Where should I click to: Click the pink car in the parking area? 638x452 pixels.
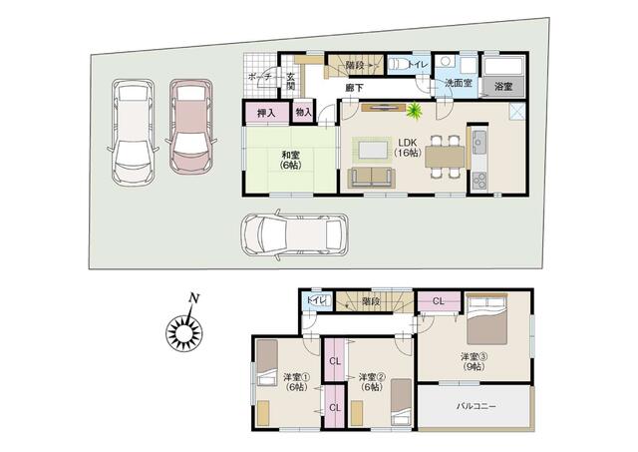click(x=190, y=127)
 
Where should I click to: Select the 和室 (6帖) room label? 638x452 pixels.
click(x=290, y=160)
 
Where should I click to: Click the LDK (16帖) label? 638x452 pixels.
click(x=408, y=148)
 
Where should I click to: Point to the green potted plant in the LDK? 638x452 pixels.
click(x=415, y=110)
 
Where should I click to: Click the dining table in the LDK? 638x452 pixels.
click(x=445, y=157)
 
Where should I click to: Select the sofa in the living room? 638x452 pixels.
click(x=372, y=178)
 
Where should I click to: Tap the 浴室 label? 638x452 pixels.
click(x=503, y=87)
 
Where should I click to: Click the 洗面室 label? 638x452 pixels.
click(x=459, y=83)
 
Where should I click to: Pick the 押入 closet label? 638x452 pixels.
click(x=266, y=113)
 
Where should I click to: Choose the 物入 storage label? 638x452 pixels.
click(x=303, y=112)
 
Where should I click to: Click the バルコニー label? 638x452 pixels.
click(x=477, y=406)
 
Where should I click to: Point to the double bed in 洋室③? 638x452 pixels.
click(x=486, y=319)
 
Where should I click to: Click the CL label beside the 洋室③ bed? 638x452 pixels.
click(x=439, y=301)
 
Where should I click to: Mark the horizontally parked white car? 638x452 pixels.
click(x=294, y=234)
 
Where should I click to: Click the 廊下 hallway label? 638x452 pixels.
click(x=354, y=87)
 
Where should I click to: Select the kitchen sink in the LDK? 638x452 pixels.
click(x=479, y=142)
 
